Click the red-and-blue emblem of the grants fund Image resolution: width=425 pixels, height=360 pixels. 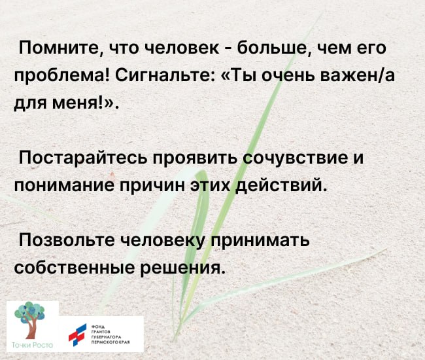(x=78, y=334)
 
